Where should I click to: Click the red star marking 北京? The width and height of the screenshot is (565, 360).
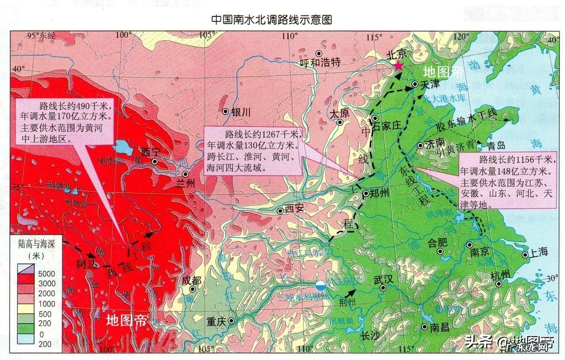398,66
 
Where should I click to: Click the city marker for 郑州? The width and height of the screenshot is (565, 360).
366,194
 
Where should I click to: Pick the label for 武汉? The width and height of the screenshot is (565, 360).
384,279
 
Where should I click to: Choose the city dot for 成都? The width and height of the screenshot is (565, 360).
192,289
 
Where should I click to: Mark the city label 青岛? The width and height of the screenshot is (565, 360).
496,146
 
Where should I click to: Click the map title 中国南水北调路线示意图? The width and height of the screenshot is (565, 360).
272,20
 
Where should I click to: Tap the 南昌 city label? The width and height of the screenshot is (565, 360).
440,328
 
